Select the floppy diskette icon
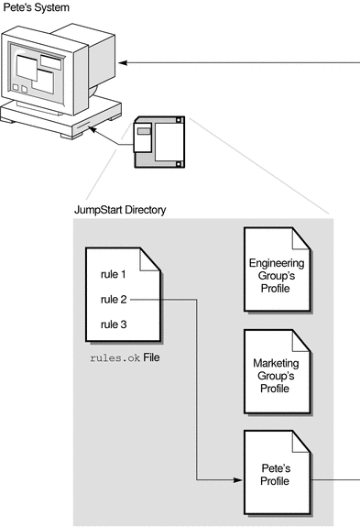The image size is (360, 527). (158, 142)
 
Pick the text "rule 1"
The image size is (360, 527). (115, 273)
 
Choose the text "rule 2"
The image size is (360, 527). (115, 298)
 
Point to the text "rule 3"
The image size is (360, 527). (115, 324)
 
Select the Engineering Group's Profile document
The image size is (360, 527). (282, 275)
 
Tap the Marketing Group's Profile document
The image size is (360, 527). (282, 377)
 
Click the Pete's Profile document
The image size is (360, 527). (282, 478)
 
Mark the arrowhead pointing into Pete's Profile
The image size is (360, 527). (235, 478)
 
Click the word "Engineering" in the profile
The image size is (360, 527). (282, 263)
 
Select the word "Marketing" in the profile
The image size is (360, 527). (282, 364)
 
